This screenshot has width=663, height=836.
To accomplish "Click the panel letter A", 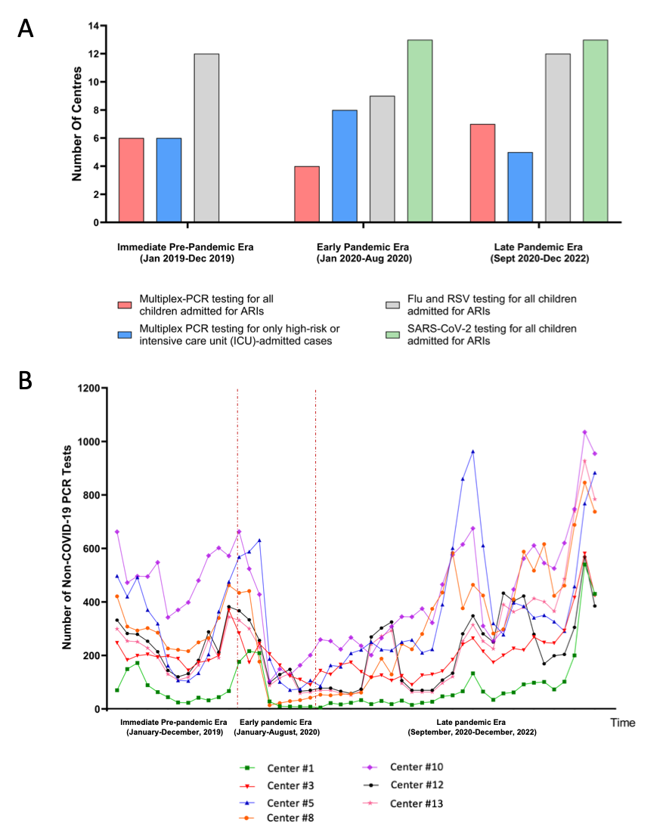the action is point(25,28).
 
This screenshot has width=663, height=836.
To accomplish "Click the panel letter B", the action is point(25,381).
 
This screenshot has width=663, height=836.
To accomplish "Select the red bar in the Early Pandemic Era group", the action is point(307,194).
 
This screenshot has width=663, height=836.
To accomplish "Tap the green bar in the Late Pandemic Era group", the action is point(595,131).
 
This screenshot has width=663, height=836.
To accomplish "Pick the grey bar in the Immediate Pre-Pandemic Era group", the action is point(206,138).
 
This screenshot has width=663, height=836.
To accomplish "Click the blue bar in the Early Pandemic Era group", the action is point(345,166).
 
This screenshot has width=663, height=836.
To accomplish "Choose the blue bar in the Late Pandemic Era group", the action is point(520,187).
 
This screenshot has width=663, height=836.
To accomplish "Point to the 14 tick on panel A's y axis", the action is point(93,26).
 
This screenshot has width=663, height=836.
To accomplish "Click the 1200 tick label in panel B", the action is point(89,389).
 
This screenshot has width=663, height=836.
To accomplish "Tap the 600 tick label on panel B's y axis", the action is point(91,549).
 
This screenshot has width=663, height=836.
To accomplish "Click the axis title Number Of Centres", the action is point(77,124).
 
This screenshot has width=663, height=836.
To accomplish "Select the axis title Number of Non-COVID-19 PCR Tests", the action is point(67,547).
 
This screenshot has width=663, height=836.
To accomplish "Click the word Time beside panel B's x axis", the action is point(623,723).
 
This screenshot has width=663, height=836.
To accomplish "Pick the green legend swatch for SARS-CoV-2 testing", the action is point(392,335).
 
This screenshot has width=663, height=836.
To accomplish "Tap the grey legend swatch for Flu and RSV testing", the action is point(392,305).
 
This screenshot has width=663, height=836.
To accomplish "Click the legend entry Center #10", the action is point(403,766).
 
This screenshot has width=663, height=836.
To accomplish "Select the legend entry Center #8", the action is point(277,818).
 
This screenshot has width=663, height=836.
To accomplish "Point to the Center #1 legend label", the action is point(291,768).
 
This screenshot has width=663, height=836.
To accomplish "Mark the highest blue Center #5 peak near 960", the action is point(472,451).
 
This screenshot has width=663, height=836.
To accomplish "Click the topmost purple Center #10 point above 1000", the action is point(584,432).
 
